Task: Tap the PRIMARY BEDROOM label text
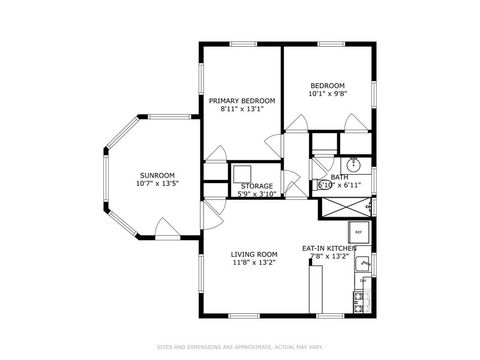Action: (241, 101)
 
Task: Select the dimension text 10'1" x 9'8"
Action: (327, 95)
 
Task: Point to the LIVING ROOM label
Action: (254, 254)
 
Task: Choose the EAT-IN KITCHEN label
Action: (329, 248)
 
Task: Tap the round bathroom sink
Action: (353, 165)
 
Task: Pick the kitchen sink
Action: (364, 265)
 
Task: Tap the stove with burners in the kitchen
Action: (363, 299)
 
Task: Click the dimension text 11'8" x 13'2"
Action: (254, 263)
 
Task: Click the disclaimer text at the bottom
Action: (240, 347)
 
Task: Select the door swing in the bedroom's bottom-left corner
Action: (296, 123)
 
